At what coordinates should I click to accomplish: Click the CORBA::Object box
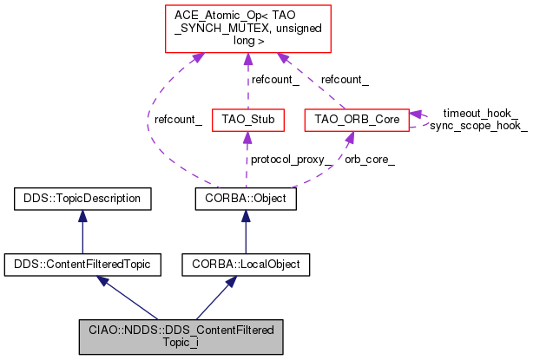[x=247, y=199]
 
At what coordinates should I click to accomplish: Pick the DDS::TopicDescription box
[x=82, y=199]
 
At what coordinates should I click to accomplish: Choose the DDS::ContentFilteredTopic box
[x=82, y=263]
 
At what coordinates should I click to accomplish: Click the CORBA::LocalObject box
[x=247, y=263]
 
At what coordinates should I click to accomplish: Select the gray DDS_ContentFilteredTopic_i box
[x=181, y=336]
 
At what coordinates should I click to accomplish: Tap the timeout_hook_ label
[x=480, y=114]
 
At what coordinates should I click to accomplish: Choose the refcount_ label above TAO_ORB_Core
[x=345, y=80]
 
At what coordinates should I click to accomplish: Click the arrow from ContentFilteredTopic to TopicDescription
[x=82, y=231]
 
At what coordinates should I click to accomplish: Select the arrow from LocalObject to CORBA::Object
[x=247, y=231]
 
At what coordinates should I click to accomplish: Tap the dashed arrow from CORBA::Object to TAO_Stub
[x=248, y=160]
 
